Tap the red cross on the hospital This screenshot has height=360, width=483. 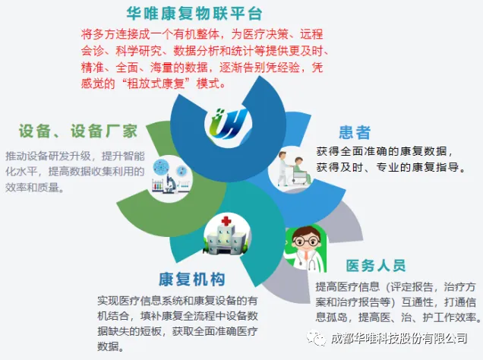click(x=226, y=222)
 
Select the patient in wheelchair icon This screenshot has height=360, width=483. click(x=290, y=166)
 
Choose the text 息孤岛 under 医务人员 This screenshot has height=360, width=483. click(x=336, y=317)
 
